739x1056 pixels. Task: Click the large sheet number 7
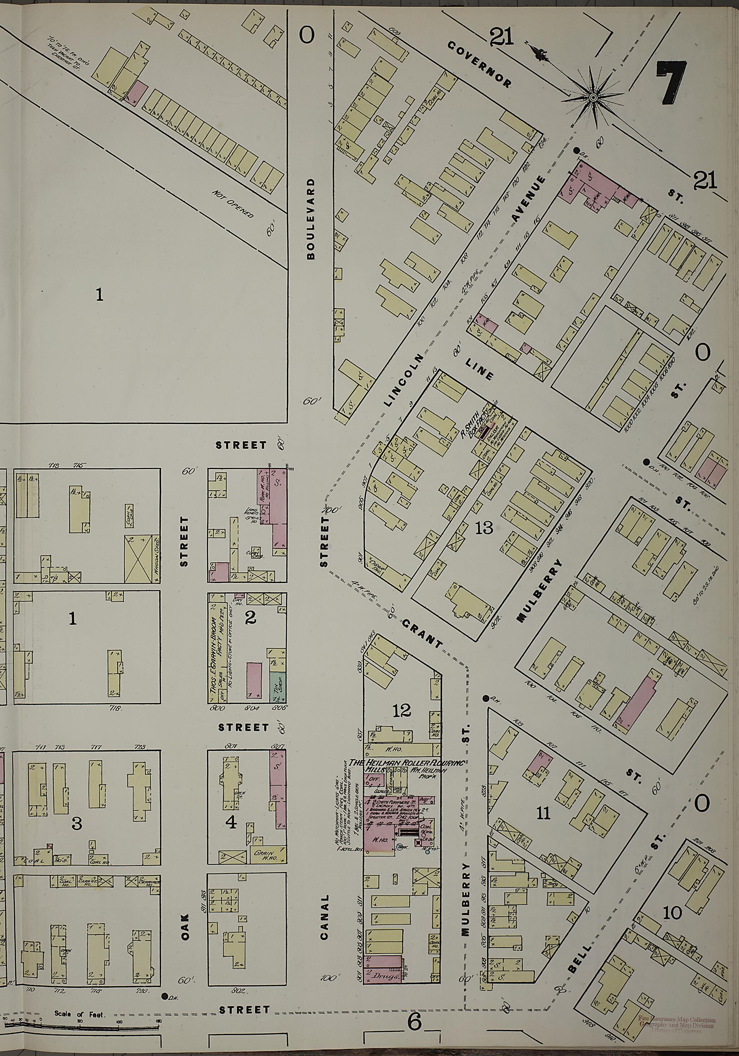(672, 82)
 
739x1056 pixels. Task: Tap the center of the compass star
(594, 97)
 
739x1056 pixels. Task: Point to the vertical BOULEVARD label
(312, 219)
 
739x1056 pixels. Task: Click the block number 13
(485, 527)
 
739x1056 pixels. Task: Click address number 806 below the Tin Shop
(279, 708)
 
